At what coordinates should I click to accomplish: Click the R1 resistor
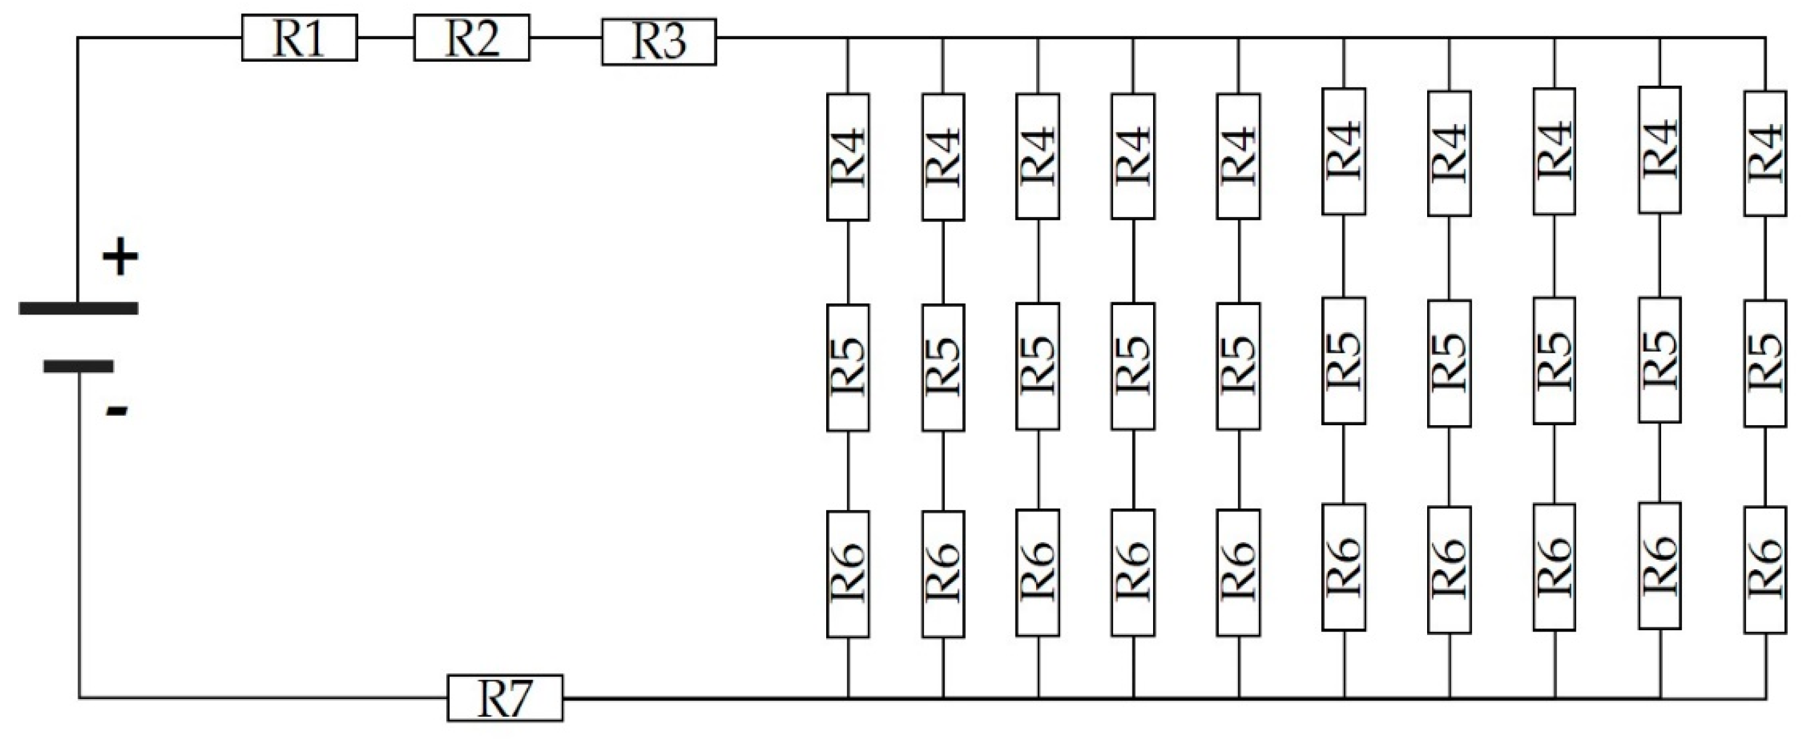coord(299,38)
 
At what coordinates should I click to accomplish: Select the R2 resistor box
coord(472,38)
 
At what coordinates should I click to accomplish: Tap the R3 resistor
coord(659,42)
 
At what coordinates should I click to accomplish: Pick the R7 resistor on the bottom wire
coord(505,698)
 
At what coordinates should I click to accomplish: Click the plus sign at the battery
coord(121,257)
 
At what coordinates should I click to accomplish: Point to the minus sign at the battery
coord(116,411)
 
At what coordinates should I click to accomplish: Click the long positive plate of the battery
coord(79,308)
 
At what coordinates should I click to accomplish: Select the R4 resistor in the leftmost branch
coord(848,157)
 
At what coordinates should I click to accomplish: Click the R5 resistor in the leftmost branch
coord(848,367)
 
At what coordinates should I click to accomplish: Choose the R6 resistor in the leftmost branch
coord(848,574)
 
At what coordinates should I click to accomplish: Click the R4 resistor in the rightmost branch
coord(1765,153)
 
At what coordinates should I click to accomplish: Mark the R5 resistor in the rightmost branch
coord(1765,363)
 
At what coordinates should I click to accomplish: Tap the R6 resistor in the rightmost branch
coord(1765,570)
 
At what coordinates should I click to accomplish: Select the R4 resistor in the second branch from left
coord(943,157)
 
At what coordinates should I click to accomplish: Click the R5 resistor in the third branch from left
coord(1037,366)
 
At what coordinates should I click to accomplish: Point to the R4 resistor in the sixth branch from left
coord(1343,152)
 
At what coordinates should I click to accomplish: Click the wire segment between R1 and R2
coord(385,38)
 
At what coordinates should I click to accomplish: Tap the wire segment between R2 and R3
coord(566,38)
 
